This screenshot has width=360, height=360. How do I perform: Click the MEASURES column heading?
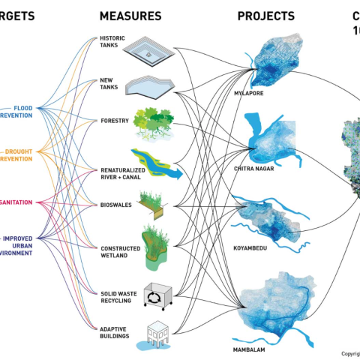(130, 16)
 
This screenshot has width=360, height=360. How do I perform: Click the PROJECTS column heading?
(265, 16)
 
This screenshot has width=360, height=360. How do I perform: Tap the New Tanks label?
(109, 84)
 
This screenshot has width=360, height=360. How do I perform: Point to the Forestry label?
(115, 121)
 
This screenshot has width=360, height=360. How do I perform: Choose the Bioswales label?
(115, 204)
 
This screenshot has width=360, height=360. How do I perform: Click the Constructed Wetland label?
(116, 251)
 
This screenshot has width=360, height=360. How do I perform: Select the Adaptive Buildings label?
(115, 332)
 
